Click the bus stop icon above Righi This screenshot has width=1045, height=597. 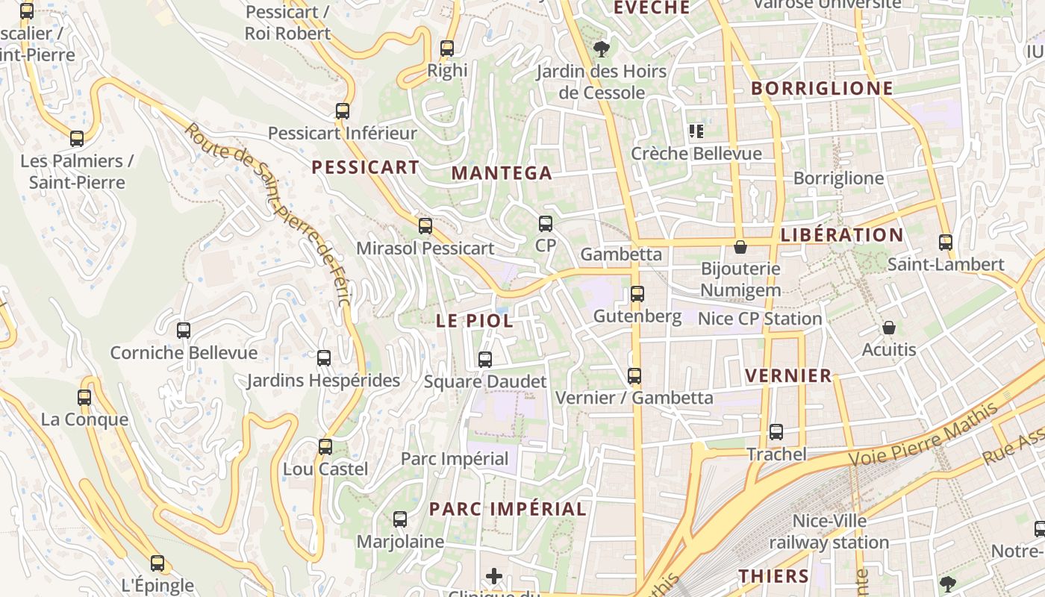pyautogui.click(x=447, y=49)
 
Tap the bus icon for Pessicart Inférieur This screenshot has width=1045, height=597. pyautogui.click(x=343, y=111)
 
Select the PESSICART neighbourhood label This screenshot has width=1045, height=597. pyautogui.click(x=366, y=167)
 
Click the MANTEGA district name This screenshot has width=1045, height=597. pyautogui.click(x=502, y=173)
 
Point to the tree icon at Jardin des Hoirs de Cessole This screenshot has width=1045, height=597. pyautogui.click(x=601, y=50)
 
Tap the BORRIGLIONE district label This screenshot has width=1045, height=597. pyautogui.click(x=822, y=88)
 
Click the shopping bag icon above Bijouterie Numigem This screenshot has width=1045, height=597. pyautogui.click(x=740, y=246)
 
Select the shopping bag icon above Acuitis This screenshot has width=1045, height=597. pyautogui.click(x=888, y=328)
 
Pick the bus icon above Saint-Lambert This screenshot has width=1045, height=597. pyautogui.click(x=946, y=243)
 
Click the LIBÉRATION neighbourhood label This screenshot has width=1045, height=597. pyautogui.click(x=842, y=235)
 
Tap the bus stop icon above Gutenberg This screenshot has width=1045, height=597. pyautogui.click(x=637, y=294)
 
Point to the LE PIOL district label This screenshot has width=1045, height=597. pyautogui.click(x=475, y=321)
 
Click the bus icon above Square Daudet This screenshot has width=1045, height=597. pyautogui.click(x=485, y=360)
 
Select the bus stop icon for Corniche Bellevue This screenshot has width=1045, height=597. pyautogui.click(x=184, y=331)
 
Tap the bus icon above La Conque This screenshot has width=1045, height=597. pyautogui.click(x=84, y=398)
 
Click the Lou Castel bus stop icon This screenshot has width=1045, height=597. pyautogui.click(x=325, y=447)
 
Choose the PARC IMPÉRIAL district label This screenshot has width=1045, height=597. pyautogui.click(x=508, y=509)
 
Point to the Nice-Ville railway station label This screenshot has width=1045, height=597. pyautogui.click(x=829, y=531)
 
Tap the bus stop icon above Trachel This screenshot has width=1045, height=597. pyautogui.click(x=776, y=432)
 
